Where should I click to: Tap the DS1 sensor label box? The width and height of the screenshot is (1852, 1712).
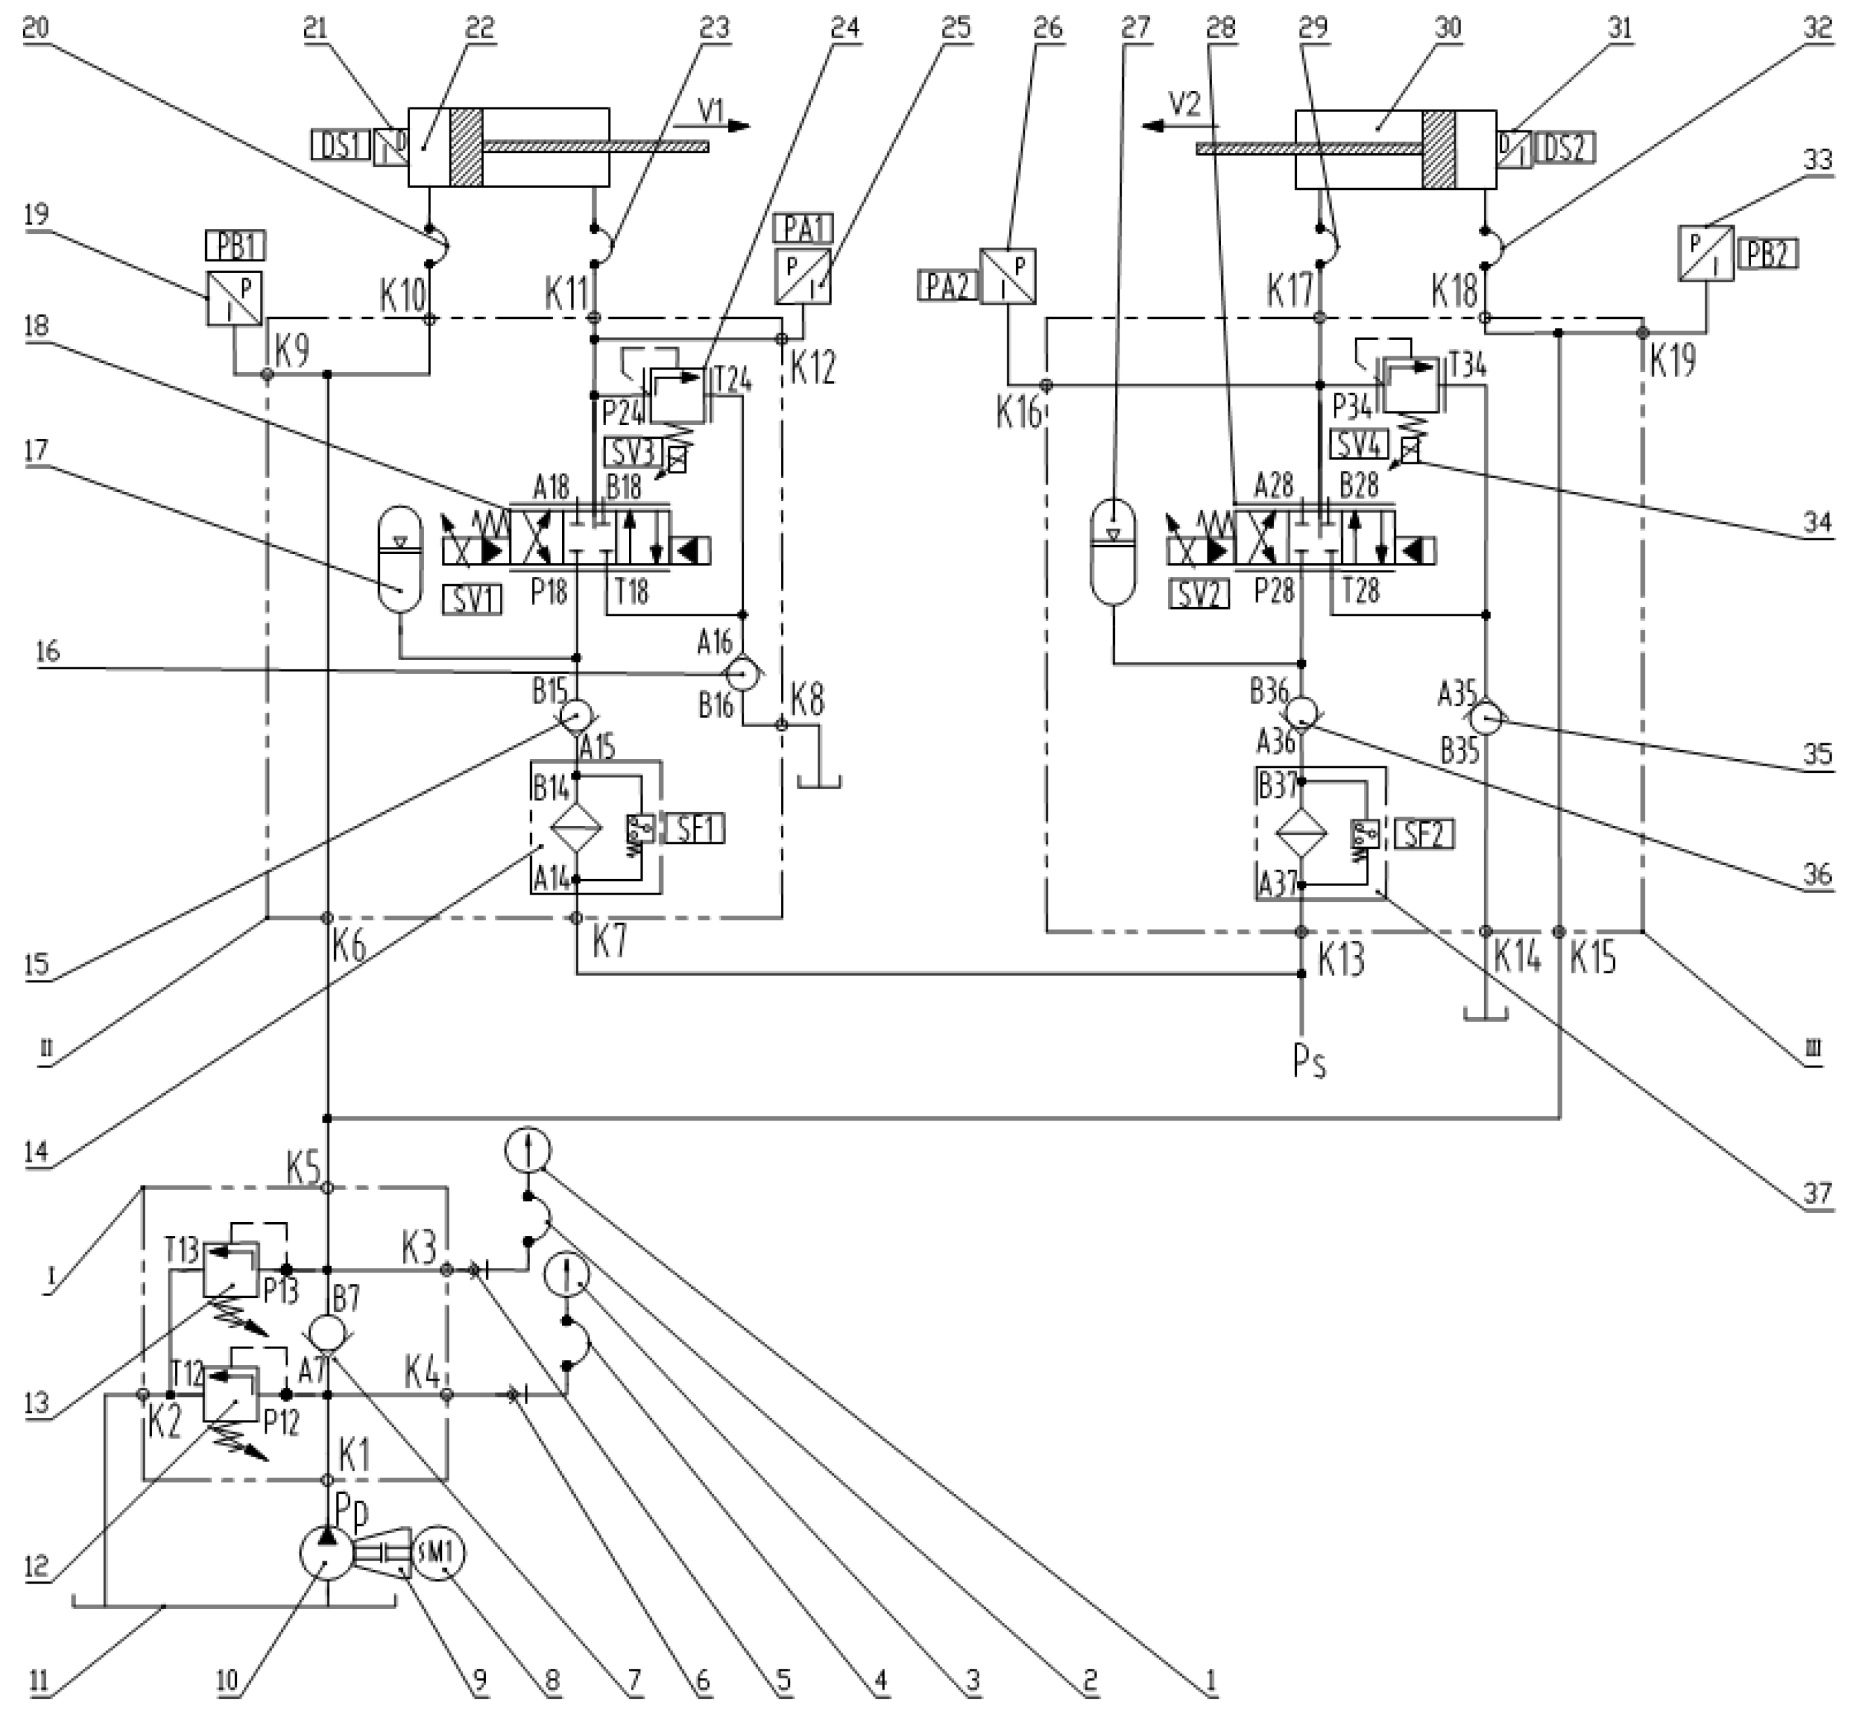click(x=340, y=145)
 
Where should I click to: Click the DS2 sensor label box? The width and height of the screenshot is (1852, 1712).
click(x=1565, y=148)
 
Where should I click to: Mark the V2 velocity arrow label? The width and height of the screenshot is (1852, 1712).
click(x=1185, y=103)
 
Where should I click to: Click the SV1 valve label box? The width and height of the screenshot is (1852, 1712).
click(x=472, y=601)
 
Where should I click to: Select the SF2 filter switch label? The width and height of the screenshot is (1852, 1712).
click(x=1424, y=834)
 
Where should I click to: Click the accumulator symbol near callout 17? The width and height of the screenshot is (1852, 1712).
click(x=400, y=558)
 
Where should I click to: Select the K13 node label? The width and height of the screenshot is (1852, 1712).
click(x=1340, y=959)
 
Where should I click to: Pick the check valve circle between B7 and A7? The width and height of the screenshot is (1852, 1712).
click(x=326, y=1334)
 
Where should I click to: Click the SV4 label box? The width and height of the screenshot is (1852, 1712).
click(x=1358, y=445)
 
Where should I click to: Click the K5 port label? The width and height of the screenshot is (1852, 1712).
click(x=303, y=1169)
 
